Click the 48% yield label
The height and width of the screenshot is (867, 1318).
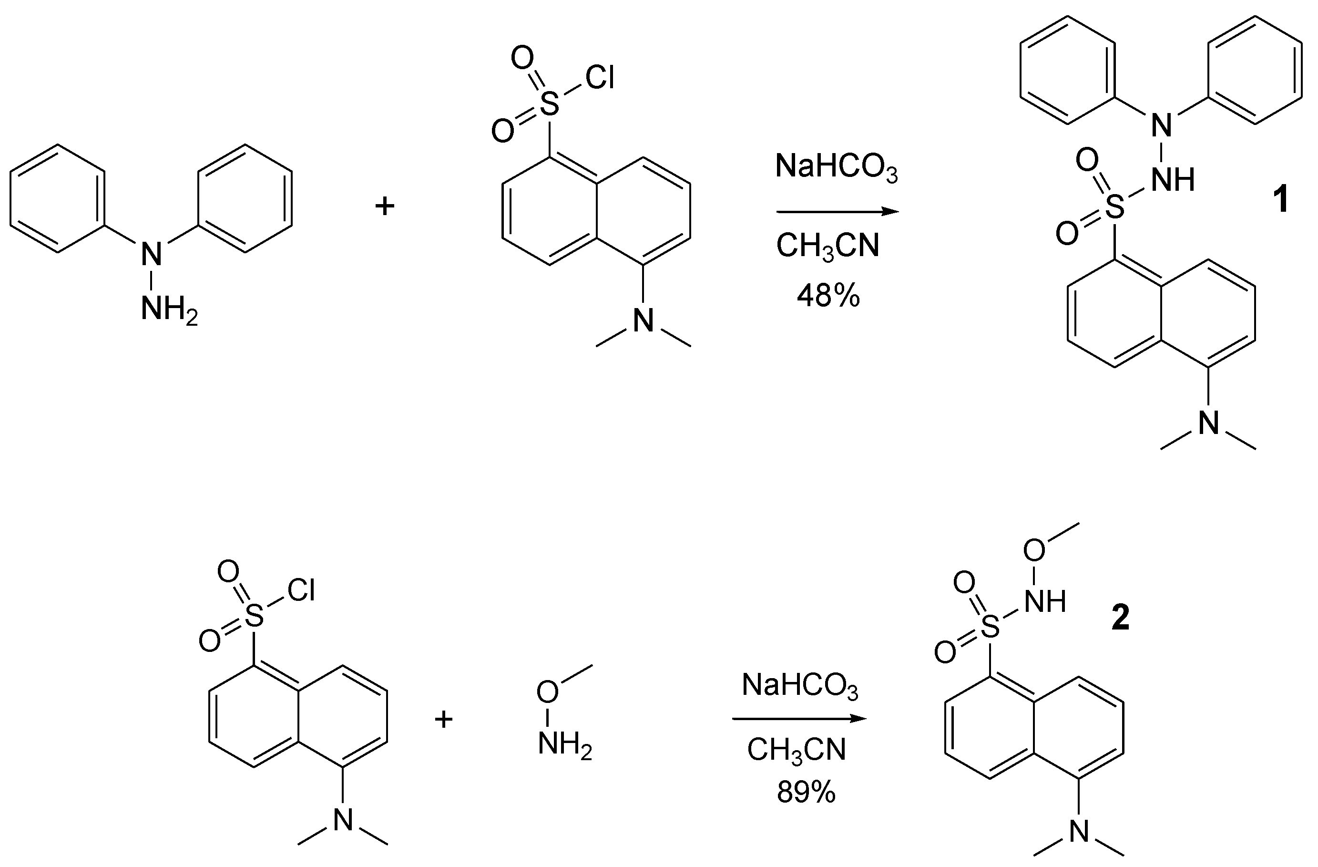pyautogui.click(x=828, y=296)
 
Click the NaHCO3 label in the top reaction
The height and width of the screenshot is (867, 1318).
pyautogui.click(x=836, y=166)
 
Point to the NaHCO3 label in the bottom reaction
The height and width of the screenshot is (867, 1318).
pyautogui.click(x=800, y=685)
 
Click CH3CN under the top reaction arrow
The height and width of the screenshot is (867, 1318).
pyautogui.click(x=828, y=246)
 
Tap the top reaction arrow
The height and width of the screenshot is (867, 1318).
pyautogui.click(x=838, y=212)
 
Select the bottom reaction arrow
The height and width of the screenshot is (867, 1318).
pyautogui.click(x=798, y=719)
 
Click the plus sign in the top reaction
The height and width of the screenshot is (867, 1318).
pyautogui.click(x=385, y=206)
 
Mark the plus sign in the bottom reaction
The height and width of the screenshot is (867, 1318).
pyautogui.click(x=444, y=720)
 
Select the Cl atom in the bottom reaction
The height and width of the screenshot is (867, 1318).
pyautogui.click(x=301, y=590)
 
